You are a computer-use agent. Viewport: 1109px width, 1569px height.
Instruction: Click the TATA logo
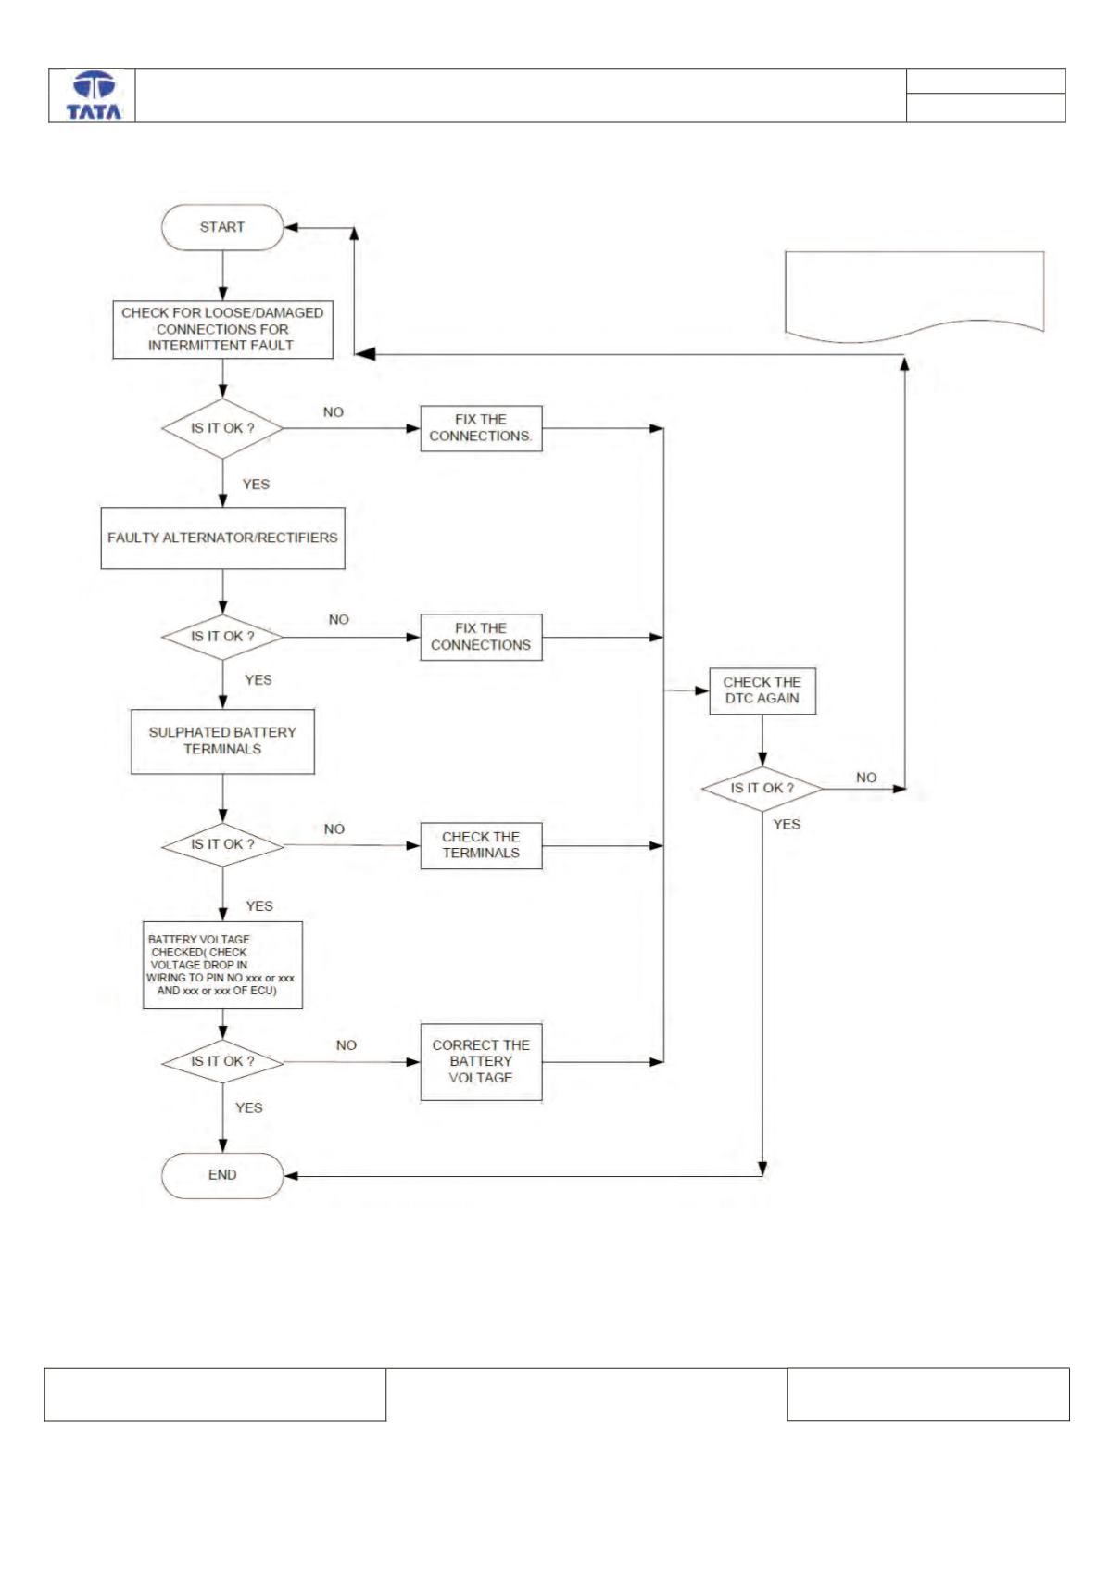[94, 95]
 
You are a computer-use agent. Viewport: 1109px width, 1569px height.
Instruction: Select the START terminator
[222, 227]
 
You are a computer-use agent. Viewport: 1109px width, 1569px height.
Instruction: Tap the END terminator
[222, 1175]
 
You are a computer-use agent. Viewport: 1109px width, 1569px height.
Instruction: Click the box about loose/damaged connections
[222, 329]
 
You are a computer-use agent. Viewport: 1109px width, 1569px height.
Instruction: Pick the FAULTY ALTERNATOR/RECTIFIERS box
[222, 538]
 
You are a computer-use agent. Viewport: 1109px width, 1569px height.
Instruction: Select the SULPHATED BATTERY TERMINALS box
[222, 741]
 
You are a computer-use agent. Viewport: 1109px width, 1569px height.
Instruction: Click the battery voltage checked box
[222, 965]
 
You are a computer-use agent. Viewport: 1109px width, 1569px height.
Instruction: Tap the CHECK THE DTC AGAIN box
[762, 690]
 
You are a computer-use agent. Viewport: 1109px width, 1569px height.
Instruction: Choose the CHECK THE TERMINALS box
[481, 845]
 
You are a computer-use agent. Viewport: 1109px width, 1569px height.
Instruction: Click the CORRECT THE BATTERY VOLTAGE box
[481, 1061]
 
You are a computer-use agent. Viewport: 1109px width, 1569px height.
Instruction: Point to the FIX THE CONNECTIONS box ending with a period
[481, 428]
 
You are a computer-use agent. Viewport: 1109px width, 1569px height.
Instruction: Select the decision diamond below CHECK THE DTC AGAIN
[762, 789]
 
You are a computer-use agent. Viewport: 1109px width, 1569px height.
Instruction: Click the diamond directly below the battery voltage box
[222, 1061]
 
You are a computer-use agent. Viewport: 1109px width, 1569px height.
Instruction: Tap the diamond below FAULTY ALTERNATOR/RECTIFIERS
[222, 637]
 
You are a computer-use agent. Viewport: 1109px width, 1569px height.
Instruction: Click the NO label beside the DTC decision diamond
[866, 778]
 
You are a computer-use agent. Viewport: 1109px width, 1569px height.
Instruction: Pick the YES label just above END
[249, 1107]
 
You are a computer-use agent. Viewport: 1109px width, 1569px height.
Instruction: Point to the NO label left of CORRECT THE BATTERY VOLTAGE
[346, 1045]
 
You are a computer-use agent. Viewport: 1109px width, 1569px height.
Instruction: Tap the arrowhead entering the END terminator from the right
[291, 1176]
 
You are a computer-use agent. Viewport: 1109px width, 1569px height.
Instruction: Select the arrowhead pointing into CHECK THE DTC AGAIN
[701, 690]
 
